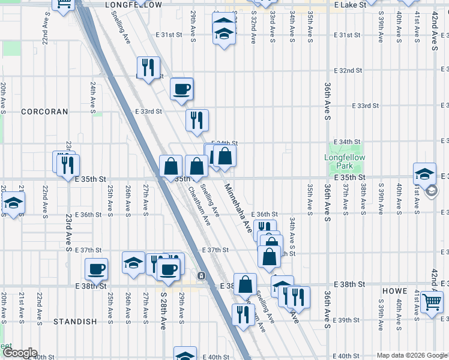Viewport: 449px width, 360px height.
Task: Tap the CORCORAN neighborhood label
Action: tap(44, 112)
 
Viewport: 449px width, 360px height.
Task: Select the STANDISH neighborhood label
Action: tap(75, 322)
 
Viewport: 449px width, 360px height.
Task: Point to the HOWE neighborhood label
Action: tap(395, 290)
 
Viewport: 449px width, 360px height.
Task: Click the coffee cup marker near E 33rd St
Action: tap(182, 90)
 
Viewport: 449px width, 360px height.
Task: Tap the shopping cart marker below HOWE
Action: tap(432, 302)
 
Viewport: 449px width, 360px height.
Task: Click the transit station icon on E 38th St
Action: tap(202, 276)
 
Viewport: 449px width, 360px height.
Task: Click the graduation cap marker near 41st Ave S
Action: tap(424, 174)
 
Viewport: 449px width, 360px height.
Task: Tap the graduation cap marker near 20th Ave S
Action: tap(13, 204)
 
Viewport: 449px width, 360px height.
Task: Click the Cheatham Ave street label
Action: tap(199, 206)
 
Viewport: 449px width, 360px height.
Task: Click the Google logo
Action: tap(19, 353)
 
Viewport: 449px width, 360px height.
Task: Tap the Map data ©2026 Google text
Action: tap(412, 355)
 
